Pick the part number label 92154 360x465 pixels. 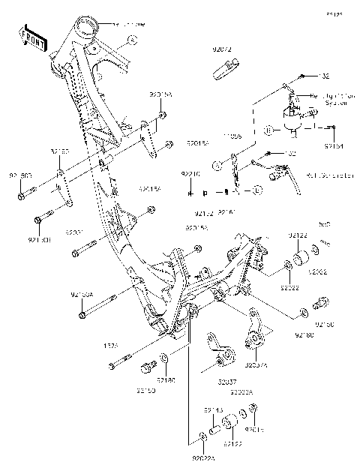[x=334, y=146]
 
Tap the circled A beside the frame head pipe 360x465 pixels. [x=132, y=38]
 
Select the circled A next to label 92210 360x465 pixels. [x=215, y=163]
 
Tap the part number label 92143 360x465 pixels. [x=214, y=411]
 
